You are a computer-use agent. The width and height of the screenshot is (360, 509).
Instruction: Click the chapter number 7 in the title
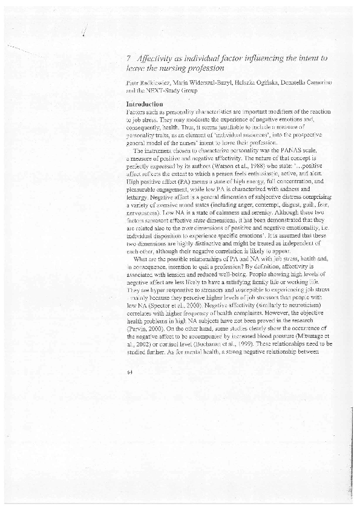(131, 59)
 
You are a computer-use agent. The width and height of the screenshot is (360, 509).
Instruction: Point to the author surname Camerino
(315, 81)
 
